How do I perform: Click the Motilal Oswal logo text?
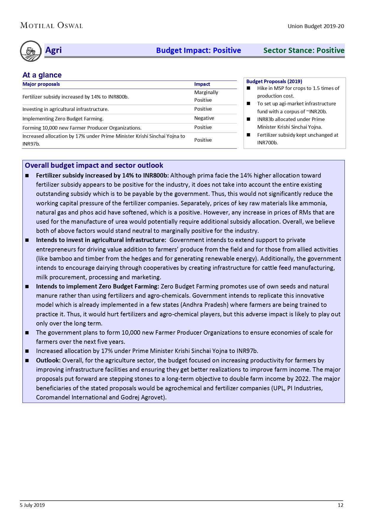(x=51, y=26)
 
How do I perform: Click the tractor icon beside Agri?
(x=31, y=51)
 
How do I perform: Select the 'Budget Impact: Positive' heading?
(x=198, y=50)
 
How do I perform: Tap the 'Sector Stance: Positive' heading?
(x=304, y=50)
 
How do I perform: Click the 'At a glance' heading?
(x=42, y=75)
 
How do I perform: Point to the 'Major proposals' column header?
(x=41, y=84)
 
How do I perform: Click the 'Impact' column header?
(x=202, y=84)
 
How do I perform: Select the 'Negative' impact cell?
(x=204, y=118)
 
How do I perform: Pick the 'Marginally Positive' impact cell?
(x=206, y=96)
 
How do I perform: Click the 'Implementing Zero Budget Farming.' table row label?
(x=63, y=119)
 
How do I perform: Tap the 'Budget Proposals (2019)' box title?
(x=274, y=81)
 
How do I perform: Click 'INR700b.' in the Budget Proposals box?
(x=267, y=143)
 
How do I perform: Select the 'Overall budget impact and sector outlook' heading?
(x=94, y=165)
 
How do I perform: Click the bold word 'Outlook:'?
(x=48, y=360)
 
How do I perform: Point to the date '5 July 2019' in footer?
(x=32, y=505)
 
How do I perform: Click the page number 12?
(x=340, y=505)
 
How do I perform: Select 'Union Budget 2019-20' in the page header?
(x=316, y=26)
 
